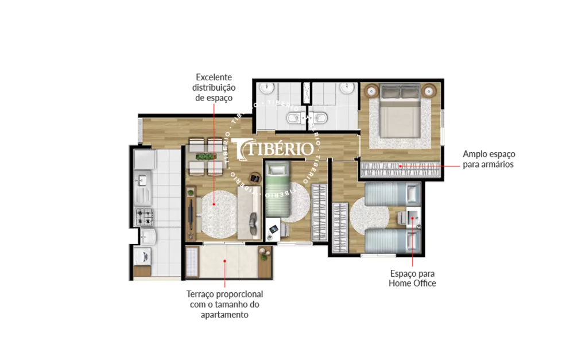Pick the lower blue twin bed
pos(390,239)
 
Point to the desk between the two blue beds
pos(413,217)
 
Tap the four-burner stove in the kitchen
pos(143,216)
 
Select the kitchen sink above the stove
pos(142,182)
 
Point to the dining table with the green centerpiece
pos(205,156)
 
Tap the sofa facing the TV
pos(250,214)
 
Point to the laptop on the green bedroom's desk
pos(274,229)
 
